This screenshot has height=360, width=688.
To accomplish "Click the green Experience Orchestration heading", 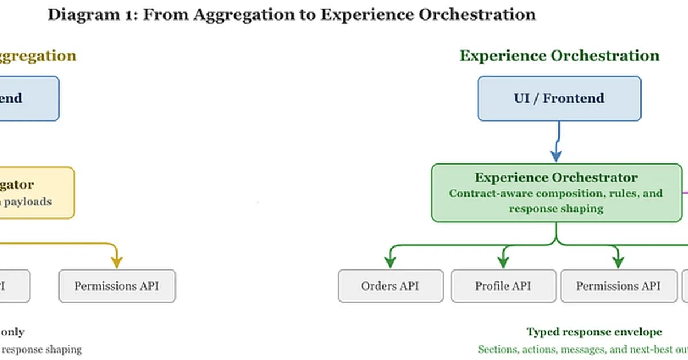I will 560,56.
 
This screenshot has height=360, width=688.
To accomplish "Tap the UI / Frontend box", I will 559,98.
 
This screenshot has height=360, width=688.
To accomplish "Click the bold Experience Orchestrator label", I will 556,178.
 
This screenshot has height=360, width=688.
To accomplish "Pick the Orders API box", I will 390,285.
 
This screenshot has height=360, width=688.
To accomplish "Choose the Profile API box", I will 503,285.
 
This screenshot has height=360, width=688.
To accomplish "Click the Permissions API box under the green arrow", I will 618,285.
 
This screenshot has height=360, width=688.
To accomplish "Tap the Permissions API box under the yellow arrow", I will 117,285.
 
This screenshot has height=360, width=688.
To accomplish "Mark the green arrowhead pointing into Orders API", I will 390,262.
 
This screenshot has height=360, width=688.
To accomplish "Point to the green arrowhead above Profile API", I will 503,262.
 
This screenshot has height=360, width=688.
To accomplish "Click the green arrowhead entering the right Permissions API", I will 618,262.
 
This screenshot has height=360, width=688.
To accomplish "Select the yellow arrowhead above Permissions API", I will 116,262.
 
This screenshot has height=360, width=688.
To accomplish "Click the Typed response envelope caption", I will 594,332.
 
